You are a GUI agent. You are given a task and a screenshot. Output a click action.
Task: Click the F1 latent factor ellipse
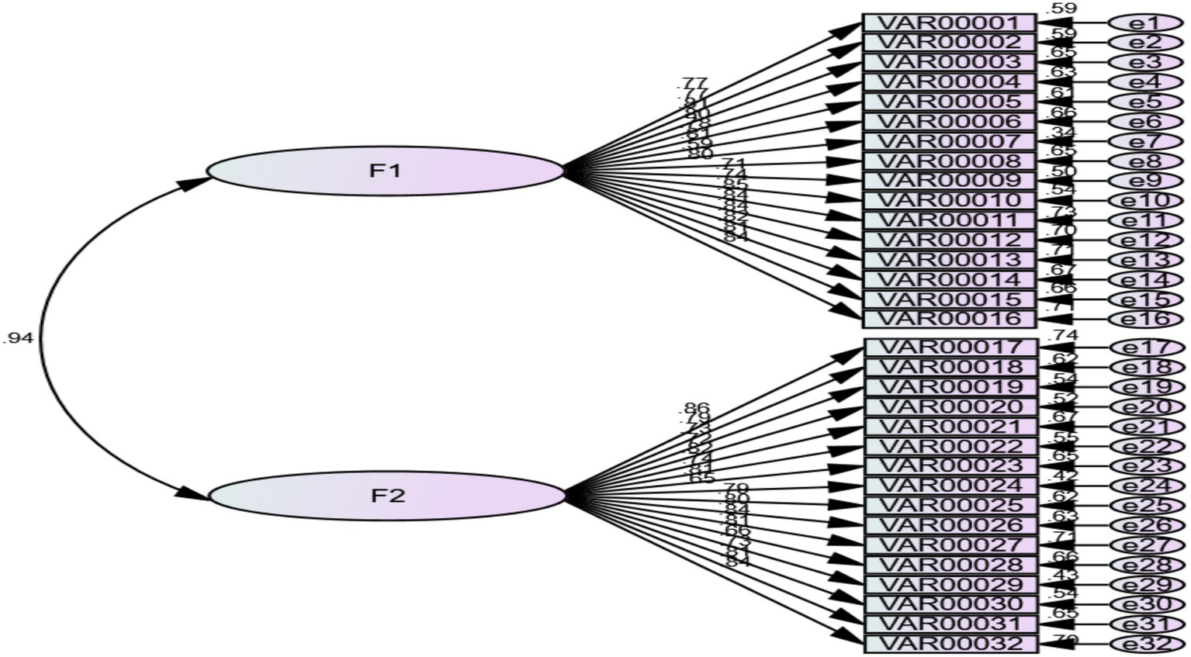pyautogui.click(x=385, y=171)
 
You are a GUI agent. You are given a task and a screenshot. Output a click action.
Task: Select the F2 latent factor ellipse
pyautogui.click(x=387, y=496)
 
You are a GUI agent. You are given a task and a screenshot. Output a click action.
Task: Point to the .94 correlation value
pyautogui.click(x=18, y=338)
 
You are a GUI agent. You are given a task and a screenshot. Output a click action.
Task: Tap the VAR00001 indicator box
pyautogui.click(x=949, y=23)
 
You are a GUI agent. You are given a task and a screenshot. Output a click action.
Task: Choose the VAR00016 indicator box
pyautogui.click(x=949, y=319)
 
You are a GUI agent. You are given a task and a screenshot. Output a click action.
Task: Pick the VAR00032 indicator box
pyautogui.click(x=950, y=643)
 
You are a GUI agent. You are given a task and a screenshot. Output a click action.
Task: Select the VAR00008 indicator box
pyautogui.click(x=949, y=161)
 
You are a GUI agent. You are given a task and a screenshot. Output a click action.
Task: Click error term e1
pyautogui.click(x=1143, y=23)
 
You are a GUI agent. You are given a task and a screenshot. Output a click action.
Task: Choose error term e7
pyautogui.click(x=1144, y=142)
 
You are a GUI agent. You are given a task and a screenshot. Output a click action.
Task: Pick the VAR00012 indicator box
pyautogui.click(x=949, y=240)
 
